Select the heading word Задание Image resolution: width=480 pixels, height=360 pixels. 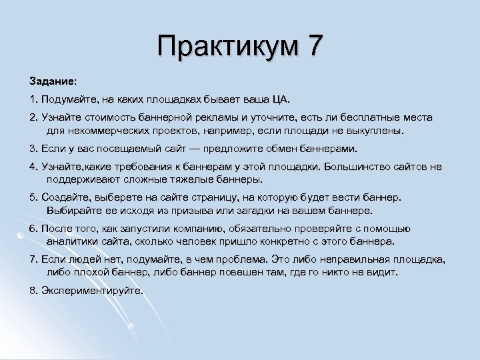[x=52, y=80]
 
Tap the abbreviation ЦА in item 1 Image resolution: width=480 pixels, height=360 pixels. [x=280, y=99]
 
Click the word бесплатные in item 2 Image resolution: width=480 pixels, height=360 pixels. [x=365, y=118]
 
